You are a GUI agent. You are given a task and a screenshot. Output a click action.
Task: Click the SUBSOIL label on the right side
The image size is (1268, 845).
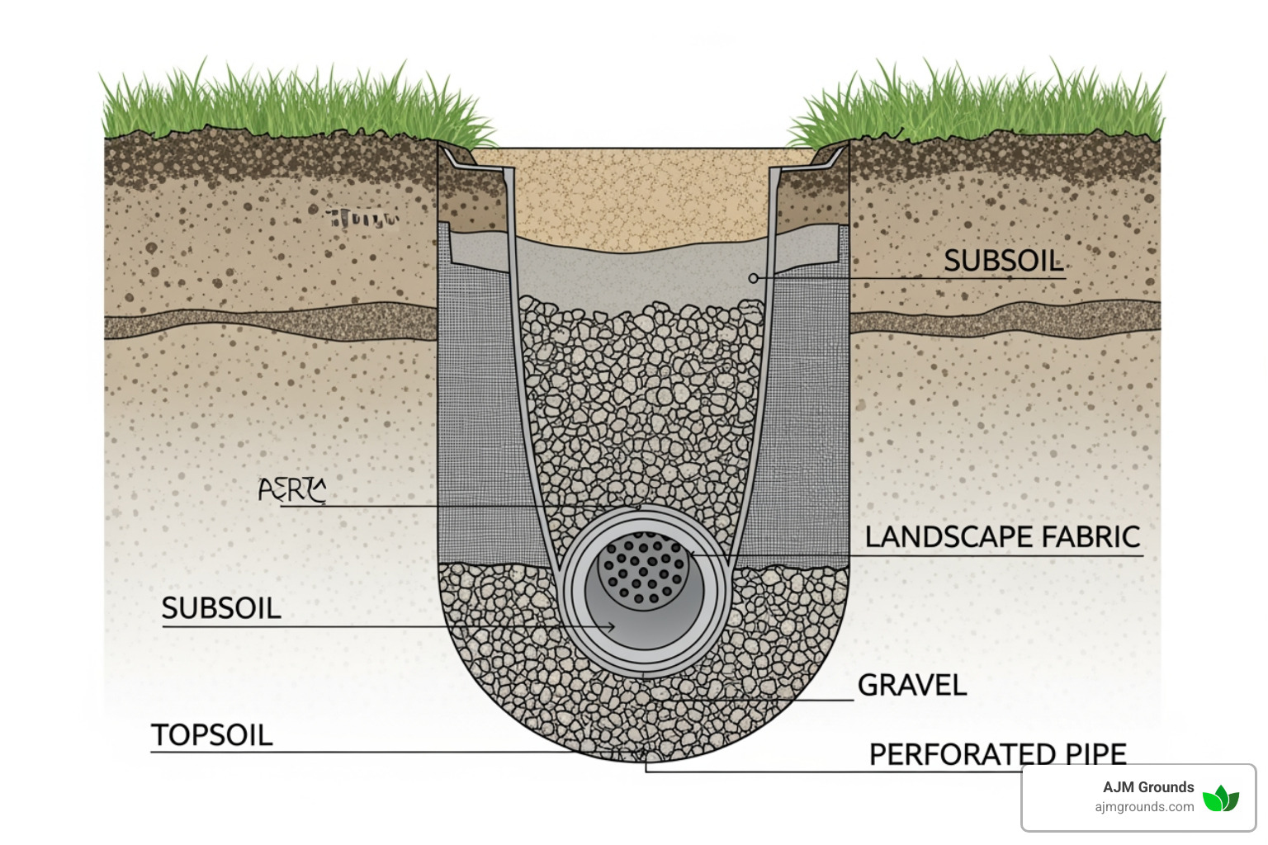1003,261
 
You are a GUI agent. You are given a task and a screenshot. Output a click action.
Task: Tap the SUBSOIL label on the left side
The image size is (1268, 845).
221,608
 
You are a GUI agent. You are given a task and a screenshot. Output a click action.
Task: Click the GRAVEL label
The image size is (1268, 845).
911,685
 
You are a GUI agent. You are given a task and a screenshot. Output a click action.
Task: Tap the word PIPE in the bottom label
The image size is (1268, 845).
1095,754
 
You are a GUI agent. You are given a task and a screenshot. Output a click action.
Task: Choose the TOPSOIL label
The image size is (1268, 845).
211,735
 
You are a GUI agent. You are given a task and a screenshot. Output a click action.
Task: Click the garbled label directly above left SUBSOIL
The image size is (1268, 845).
292,489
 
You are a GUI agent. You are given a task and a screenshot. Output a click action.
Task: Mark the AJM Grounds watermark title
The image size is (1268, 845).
1147,787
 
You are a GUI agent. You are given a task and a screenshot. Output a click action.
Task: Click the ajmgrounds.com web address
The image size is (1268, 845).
1144,807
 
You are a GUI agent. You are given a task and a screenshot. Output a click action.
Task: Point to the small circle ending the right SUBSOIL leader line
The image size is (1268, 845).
753,278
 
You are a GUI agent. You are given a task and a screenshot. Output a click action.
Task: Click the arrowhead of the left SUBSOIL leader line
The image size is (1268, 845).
612,627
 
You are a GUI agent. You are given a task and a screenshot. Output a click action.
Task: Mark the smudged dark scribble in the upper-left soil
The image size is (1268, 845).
362,218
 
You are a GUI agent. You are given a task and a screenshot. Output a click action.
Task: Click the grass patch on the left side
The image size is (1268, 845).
289,103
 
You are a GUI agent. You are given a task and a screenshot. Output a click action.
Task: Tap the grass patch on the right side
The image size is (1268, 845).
982,103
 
